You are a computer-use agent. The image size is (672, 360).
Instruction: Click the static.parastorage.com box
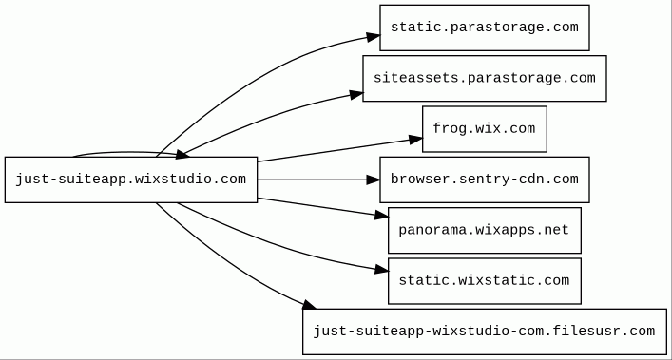(x=485, y=28)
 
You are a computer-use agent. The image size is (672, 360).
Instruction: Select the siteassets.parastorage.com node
(x=485, y=78)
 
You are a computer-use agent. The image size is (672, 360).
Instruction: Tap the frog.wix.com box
(x=485, y=129)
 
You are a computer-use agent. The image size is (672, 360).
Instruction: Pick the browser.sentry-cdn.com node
(x=485, y=180)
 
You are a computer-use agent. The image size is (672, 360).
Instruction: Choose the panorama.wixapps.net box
(x=485, y=230)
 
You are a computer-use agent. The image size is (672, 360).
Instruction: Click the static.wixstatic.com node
(x=485, y=281)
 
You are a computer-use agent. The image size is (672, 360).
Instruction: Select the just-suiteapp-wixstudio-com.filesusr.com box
(x=485, y=332)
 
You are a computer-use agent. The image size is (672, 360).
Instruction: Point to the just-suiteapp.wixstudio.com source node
(x=131, y=180)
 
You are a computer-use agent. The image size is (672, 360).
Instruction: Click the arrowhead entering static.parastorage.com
(x=374, y=37)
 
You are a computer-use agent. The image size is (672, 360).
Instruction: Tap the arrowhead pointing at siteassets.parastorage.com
(x=356, y=95)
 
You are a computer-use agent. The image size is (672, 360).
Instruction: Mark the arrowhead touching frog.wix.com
(x=415, y=140)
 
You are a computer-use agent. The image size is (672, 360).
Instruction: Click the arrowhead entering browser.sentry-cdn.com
(x=374, y=180)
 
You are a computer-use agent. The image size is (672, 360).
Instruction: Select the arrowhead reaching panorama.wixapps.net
(x=381, y=216)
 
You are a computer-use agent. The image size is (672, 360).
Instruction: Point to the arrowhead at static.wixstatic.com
(x=381, y=270)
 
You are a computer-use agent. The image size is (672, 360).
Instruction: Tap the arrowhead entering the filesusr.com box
(x=309, y=305)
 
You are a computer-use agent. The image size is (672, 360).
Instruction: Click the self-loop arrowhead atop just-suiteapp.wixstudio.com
(x=183, y=155)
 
